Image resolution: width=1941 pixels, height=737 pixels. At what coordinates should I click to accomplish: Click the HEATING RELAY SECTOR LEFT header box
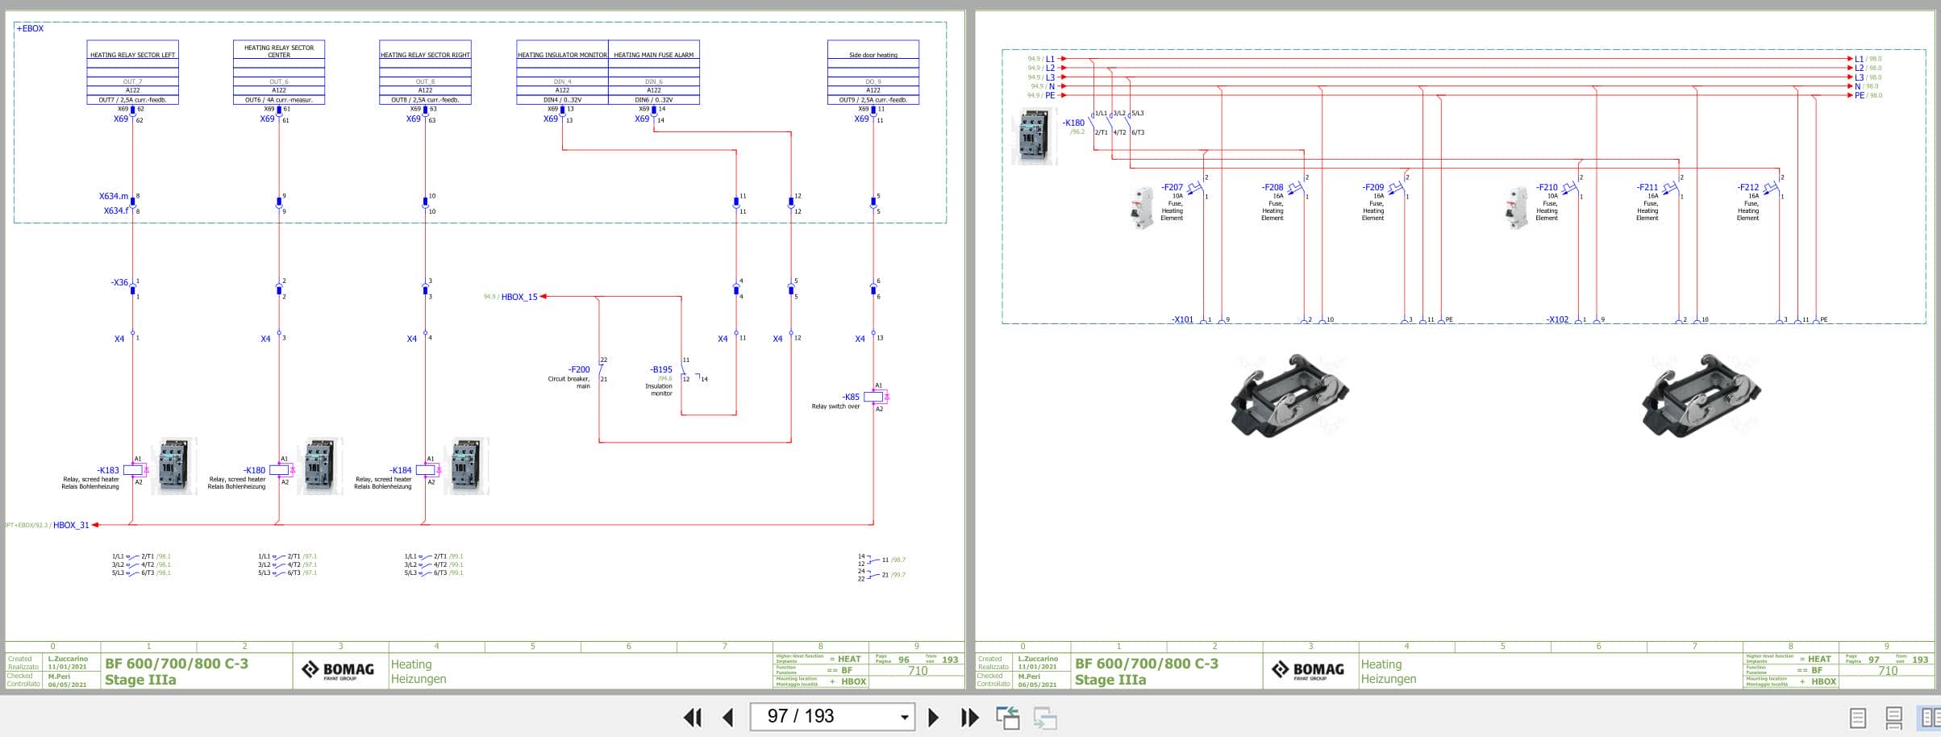132,54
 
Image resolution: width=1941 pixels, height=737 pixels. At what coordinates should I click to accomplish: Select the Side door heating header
873,54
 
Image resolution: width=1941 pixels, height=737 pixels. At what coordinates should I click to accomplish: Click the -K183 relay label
108,470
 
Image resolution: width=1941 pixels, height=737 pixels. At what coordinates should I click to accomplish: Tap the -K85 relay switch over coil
873,397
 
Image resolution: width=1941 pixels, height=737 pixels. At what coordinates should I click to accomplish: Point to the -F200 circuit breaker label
578,369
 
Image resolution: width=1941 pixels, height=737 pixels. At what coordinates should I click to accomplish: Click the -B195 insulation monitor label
660,369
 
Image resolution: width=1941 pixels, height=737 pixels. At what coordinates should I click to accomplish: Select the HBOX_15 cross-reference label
519,297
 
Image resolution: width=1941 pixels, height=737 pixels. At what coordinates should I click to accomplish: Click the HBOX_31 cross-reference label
71,525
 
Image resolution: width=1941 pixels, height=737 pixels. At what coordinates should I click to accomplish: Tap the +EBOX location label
30,28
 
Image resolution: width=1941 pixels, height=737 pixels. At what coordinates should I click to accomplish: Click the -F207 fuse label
1172,187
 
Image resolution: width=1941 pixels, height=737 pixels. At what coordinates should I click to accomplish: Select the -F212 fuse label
1747,187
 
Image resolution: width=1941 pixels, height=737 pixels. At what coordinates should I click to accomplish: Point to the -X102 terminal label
1557,320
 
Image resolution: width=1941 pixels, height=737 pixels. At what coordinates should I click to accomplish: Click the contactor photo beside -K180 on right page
1034,138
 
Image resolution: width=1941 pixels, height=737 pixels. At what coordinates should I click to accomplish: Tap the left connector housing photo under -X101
1289,396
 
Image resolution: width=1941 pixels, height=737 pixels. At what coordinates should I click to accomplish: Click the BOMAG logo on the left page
339,670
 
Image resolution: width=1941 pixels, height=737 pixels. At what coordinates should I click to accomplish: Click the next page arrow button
933,717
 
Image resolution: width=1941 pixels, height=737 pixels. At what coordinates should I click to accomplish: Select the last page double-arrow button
969,717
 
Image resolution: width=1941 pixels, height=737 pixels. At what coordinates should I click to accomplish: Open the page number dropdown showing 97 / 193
904,717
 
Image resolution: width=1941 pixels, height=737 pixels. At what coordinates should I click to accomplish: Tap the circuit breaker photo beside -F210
1516,208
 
